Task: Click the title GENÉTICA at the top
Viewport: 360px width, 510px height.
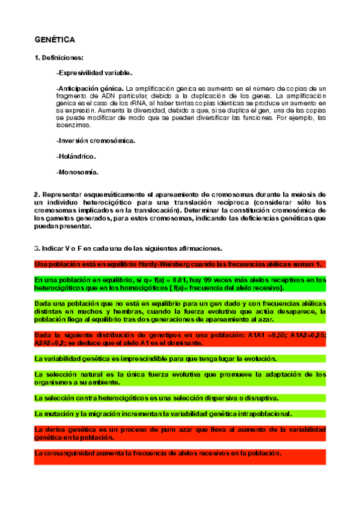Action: [54, 40]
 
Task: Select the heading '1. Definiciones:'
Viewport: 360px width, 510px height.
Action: [59, 58]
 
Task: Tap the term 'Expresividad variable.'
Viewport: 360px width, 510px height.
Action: [93, 73]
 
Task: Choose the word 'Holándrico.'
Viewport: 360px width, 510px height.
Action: [75, 156]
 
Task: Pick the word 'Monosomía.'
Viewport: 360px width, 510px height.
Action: [76, 172]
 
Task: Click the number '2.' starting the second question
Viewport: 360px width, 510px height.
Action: [37, 195]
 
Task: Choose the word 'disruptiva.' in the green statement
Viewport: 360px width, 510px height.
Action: [263, 398]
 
